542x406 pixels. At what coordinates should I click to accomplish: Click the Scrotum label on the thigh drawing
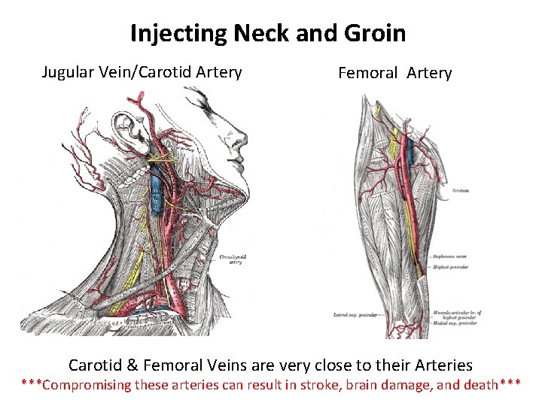click(x=461, y=191)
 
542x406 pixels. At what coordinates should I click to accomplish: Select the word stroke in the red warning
click(x=335, y=385)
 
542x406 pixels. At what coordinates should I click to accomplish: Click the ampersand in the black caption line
click(x=132, y=365)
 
